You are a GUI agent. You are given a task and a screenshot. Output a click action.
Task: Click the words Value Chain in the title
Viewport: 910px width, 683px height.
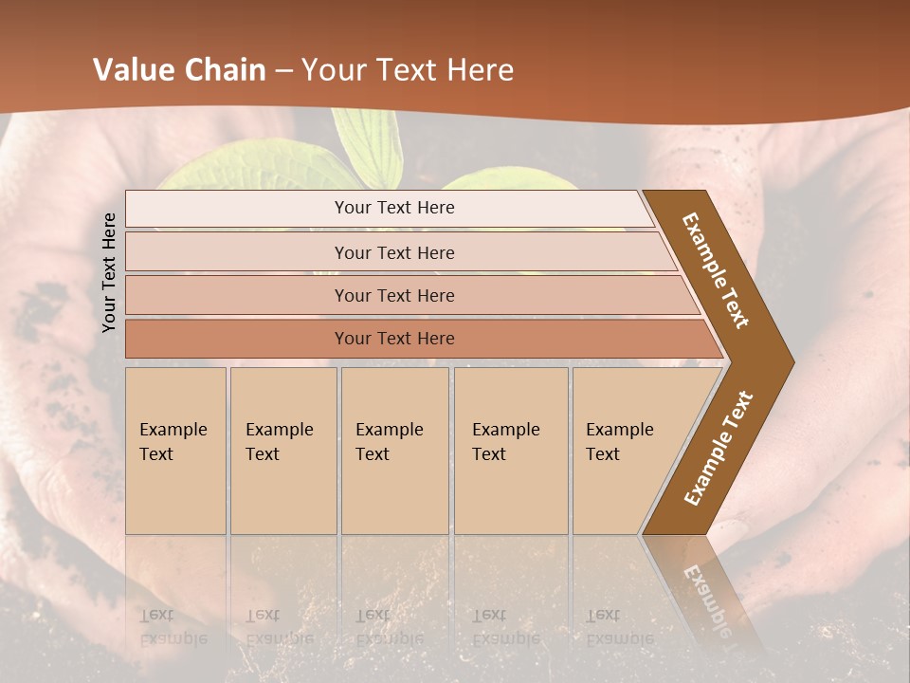click(179, 70)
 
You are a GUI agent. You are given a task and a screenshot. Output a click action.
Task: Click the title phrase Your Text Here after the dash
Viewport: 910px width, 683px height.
click(407, 70)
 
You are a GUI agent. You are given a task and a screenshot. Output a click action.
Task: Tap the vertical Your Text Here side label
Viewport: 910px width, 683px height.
click(109, 272)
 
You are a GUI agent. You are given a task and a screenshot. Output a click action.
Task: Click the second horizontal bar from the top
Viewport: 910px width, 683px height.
click(393, 252)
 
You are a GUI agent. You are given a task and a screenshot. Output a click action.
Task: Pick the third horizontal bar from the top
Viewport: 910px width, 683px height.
click(393, 295)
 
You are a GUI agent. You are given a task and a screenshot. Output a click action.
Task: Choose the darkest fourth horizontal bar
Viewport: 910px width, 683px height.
click(393, 339)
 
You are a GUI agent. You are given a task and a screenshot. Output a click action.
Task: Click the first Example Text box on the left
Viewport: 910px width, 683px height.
click(175, 451)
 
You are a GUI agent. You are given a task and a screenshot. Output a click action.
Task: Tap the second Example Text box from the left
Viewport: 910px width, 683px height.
click(282, 451)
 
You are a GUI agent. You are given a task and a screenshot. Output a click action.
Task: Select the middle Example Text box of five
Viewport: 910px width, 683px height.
click(394, 451)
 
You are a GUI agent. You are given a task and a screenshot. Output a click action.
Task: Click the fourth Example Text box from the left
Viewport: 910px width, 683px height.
click(510, 451)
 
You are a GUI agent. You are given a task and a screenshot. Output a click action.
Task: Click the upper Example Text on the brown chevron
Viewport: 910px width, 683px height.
click(716, 270)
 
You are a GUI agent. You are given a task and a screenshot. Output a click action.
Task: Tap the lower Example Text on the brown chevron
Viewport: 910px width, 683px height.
click(719, 448)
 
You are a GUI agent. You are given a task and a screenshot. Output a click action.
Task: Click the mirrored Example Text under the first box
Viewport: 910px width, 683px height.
click(173, 627)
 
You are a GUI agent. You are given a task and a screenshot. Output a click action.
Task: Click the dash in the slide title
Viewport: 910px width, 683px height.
click(283, 71)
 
